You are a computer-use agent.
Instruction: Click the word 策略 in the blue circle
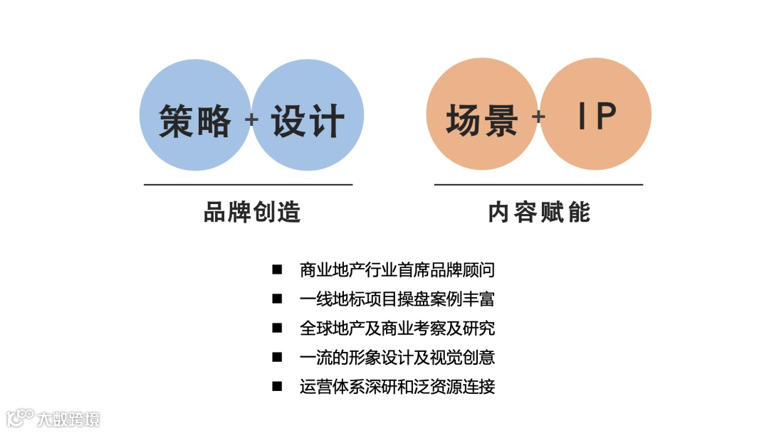tap(194, 120)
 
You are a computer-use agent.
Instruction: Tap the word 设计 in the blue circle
tap(308, 120)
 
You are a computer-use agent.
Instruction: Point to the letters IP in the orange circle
tap(597, 116)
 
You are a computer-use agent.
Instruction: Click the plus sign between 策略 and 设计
tap(251, 119)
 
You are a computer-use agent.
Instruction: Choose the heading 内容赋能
tap(539, 212)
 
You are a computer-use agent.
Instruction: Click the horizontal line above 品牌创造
tap(248, 185)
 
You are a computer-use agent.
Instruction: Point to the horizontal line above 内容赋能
tap(538, 185)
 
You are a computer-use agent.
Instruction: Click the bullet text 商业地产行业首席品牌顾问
tap(397, 270)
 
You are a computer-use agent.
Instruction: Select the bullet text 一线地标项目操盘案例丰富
tap(397, 299)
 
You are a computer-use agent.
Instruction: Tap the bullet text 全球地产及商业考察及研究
tap(397, 328)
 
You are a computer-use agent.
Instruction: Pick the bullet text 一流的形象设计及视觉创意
tap(397, 358)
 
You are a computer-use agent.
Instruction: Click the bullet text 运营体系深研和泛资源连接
tap(397, 387)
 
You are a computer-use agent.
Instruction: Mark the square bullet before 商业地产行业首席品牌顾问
tap(277, 270)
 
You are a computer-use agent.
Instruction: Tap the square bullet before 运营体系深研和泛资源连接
tap(277, 387)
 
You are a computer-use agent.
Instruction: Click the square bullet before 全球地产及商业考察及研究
tap(277, 328)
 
